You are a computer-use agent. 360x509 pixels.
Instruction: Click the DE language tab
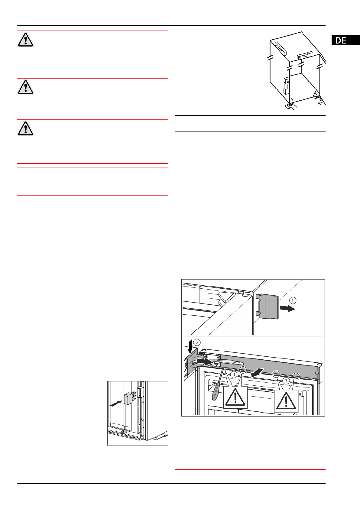tap(345, 40)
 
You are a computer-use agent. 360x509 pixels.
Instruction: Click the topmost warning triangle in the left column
tap(26, 40)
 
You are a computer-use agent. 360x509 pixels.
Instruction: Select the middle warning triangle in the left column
tap(26, 87)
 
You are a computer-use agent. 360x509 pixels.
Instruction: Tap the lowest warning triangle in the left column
tap(26, 128)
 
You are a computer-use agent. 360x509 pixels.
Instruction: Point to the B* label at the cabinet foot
tap(320, 104)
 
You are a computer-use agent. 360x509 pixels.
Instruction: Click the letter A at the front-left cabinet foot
tap(292, 99)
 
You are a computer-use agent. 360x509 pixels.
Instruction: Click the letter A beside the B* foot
tap(315, 93)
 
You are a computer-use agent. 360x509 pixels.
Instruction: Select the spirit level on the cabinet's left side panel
tap(286, 85)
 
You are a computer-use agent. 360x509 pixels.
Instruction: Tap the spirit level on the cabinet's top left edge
tap(281, 48)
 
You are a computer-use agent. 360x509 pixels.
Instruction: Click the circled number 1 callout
tap(293, 300)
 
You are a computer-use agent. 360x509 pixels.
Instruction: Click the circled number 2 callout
tap(197, 342)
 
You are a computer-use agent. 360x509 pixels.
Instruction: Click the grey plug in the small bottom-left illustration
tap(129, 398)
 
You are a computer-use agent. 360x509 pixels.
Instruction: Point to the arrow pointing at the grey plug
tap(116, 404)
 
